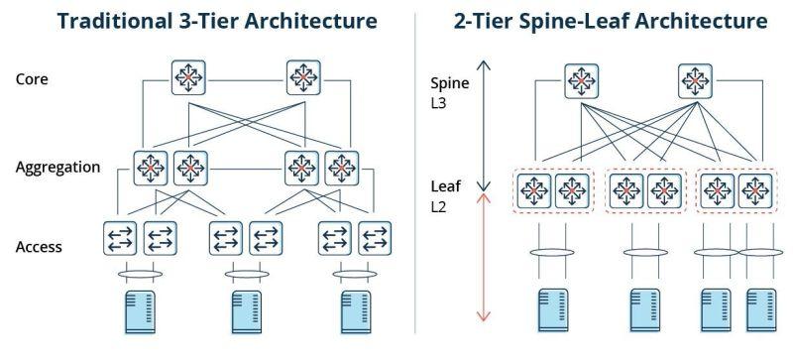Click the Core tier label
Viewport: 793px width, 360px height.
[32, 79]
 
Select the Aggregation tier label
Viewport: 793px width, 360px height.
[57, 168]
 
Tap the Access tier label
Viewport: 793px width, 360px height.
[39, 247]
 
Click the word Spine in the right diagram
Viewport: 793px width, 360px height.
[450, 83]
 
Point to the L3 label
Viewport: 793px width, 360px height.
[438, 105]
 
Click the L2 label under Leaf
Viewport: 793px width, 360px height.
[438, 206]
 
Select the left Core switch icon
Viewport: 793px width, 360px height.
[188, 77]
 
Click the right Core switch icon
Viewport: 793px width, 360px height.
[303, 77]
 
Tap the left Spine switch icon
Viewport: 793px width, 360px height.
[582, 81]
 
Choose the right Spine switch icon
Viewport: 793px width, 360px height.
[695, 81]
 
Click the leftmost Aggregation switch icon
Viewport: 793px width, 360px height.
[151, 168]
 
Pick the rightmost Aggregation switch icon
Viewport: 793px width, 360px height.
[342, 168]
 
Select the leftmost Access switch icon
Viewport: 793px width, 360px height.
[120, 238]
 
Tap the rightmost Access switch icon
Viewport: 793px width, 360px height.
[375, 238]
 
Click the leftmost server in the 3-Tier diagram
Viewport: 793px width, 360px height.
[140, 311]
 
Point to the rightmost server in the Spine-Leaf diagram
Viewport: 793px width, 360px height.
[761, 309]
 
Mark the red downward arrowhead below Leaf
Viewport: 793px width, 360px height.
[484, 316]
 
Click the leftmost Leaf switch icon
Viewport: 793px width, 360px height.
[534, 190]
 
